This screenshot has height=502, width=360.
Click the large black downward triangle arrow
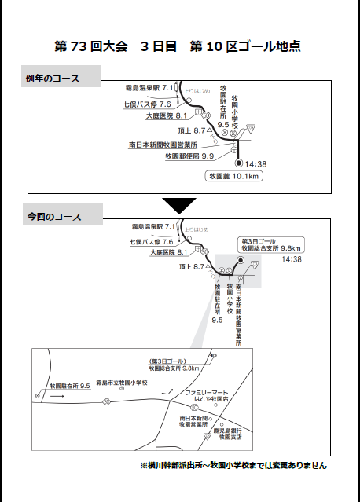179,205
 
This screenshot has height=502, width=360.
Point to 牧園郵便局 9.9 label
189,156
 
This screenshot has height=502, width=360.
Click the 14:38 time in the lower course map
292,258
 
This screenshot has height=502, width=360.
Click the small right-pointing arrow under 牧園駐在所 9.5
58,398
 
